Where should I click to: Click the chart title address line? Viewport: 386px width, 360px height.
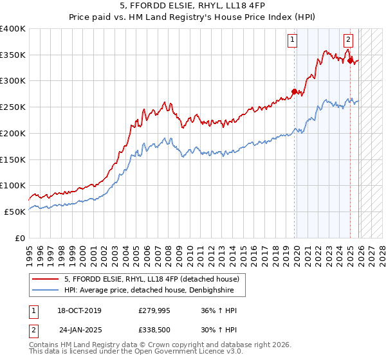(192, 7)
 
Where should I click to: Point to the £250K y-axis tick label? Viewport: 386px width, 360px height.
(13, 107)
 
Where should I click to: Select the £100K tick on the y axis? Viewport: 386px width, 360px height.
(13, 185)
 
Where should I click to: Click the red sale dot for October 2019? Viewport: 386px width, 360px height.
(294, 91)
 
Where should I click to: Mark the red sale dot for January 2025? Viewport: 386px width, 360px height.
(350, 61)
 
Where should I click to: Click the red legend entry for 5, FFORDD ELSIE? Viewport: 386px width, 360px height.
(151, 279)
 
